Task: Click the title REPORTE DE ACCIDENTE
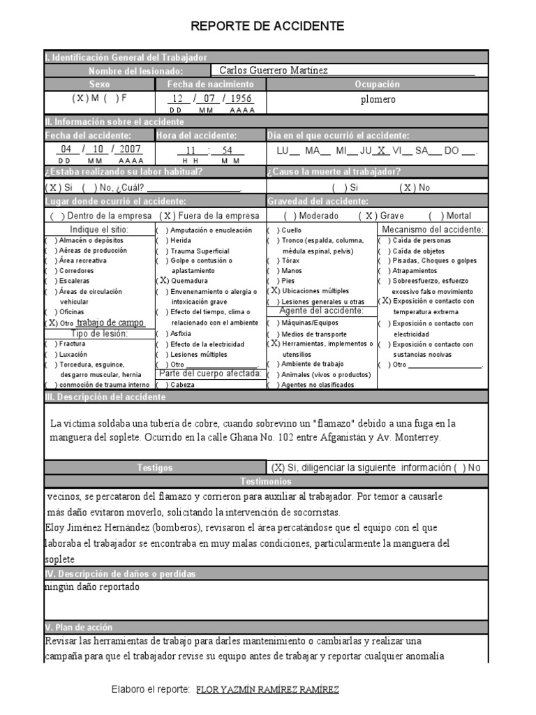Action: pyautogui.click(x=268, y=27)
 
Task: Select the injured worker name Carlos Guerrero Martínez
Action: pyautogui.click(x=273, y=71)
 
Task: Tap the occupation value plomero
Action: pyautogui.click(x=378, y=99)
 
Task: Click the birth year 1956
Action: pyautogui.click(x=241, y=99)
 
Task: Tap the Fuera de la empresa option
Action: pyautogui.click(x=209, y=216)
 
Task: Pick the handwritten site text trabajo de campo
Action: pyautogui.click(x=110, y=323)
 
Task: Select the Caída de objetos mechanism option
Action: pyautogui.click(x=419, y=250)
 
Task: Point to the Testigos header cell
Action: pyautogui.click(x=155, y=468)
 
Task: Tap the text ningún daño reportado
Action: pyautogui.click(x=92, y=587)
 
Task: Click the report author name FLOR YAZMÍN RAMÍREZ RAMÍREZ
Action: pyautogui.click(x=268, y=690)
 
